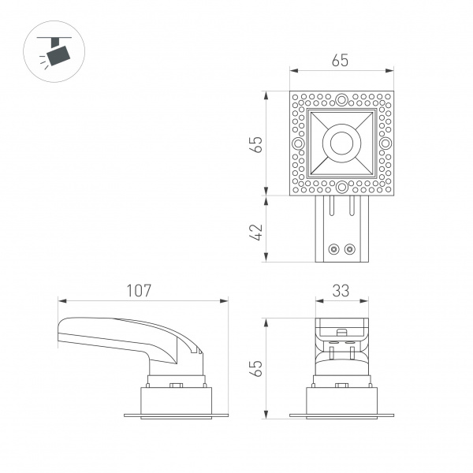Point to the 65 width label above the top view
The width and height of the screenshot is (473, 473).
coord(341,61)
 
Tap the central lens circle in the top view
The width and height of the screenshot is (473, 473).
coord(341,143)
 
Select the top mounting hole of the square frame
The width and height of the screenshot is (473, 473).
coord(341,100)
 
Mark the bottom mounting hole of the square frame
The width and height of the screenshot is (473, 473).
coord(341,188)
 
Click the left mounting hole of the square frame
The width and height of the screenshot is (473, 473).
coord(298,144)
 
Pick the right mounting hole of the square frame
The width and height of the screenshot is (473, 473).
coord(385,144)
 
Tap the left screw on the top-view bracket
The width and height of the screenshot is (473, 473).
coord(333,249)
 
